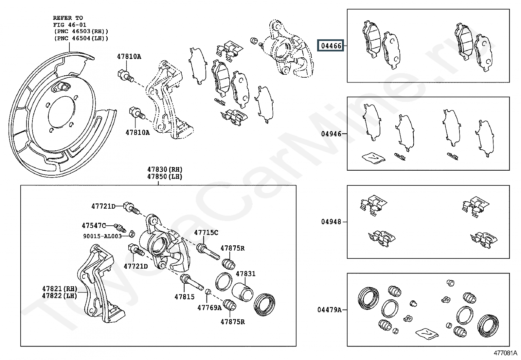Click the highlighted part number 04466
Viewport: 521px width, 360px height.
point(331,46)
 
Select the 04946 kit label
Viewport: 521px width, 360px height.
point(331,134)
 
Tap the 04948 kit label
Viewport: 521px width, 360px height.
point(331,222)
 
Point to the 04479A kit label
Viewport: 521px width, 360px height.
point(329,310)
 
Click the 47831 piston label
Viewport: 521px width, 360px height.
point(246,274)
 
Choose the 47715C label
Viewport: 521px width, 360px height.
point(206,232)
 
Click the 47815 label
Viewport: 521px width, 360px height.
point(185,297)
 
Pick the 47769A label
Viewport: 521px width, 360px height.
point(209,308)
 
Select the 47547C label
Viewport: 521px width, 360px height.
point(94,225)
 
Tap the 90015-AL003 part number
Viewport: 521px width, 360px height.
point(102,236)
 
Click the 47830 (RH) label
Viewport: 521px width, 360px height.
point(165,169)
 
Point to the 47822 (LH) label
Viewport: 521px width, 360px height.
point(60,296)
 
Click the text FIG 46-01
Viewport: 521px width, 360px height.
point(70,25)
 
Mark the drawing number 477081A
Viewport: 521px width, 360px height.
point(505,353)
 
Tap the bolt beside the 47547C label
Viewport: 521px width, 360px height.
point(120,227)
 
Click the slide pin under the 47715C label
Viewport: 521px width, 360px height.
point(208,252)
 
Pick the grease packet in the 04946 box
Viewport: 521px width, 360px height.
point(373,158)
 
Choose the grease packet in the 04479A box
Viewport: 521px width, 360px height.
point(427,334)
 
